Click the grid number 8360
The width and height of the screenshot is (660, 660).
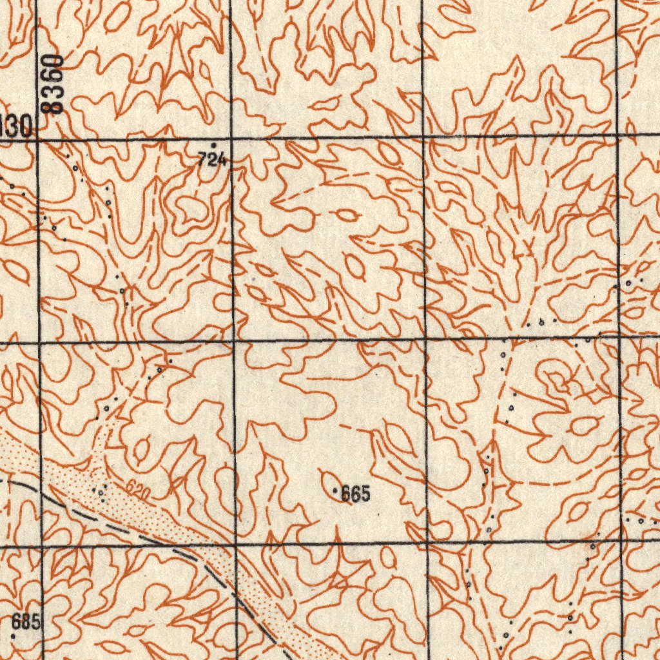coord(56,84)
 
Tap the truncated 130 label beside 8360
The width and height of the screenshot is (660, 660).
coord(15,125)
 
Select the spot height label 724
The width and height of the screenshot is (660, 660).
coord(212,160)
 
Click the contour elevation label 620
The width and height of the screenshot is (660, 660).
coord(138,490)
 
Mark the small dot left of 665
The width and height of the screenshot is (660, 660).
coord(335,492)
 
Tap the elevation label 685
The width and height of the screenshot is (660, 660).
coord(26,622)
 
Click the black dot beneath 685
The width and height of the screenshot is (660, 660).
coord(14,636)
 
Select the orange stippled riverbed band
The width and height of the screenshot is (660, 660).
coord(161,516)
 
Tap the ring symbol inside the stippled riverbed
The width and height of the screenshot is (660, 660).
coord(101,492)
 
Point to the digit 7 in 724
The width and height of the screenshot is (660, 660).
coord(202,160)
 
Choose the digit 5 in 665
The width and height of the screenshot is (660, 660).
coord(365,494)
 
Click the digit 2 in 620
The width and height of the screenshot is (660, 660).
coord(138,490)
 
